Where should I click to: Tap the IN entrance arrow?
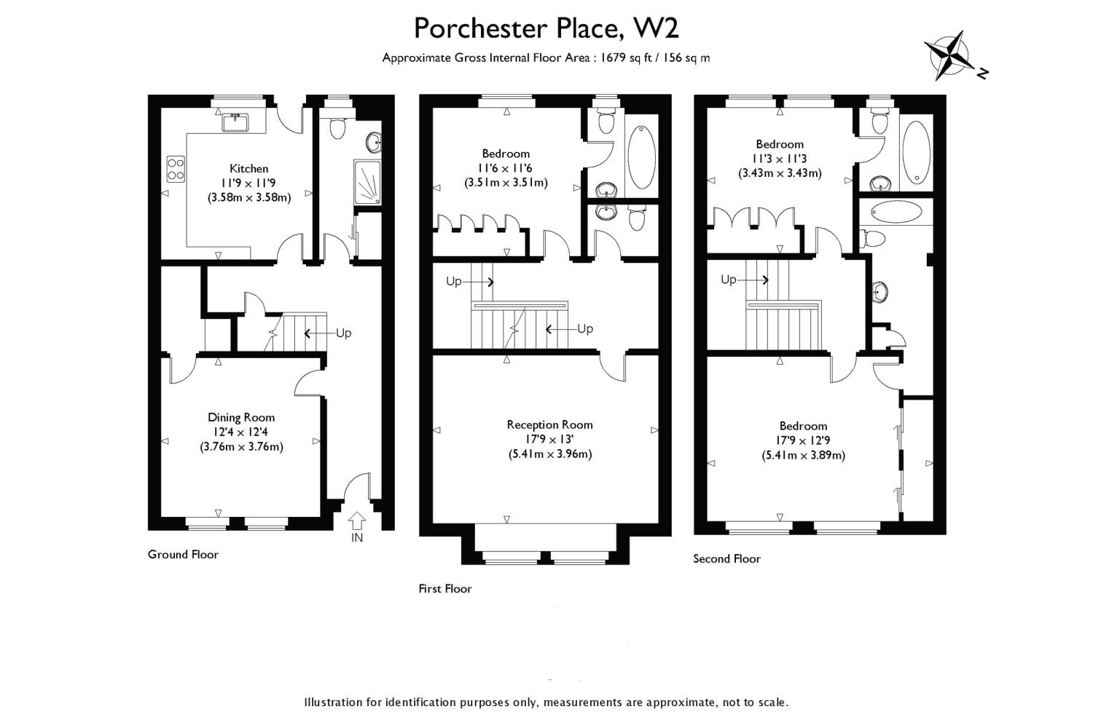357,521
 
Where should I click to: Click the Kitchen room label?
249,169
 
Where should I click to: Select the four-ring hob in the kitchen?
176,168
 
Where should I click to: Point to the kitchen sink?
235,122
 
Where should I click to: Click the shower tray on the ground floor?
367,183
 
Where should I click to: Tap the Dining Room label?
241,417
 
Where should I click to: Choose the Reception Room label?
550,424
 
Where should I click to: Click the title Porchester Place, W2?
546,28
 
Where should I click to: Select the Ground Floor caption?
183,555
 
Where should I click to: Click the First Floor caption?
445,588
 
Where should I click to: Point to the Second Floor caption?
726,559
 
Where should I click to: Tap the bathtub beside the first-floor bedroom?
641,157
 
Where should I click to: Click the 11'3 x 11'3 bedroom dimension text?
780,159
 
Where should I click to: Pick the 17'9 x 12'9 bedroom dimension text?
803,440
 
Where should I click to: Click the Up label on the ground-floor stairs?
343,333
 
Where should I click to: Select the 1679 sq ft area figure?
626,58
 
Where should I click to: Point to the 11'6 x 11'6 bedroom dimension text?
506,168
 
